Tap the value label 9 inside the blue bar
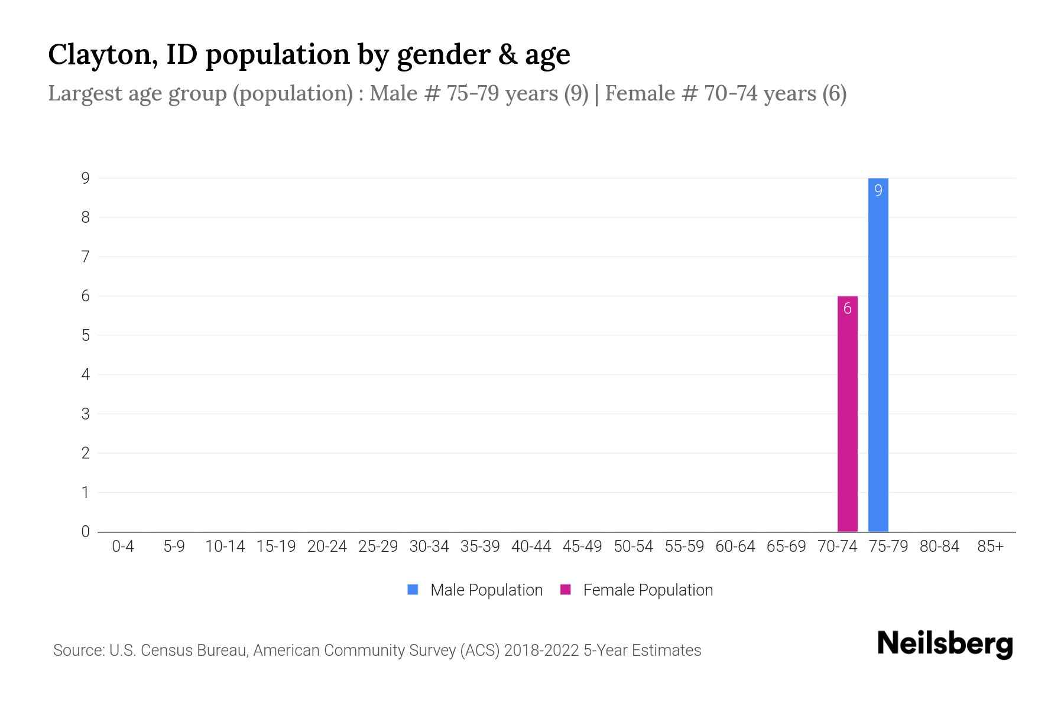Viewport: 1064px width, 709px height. pos(878,191)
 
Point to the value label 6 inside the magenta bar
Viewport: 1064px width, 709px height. pos(847,308)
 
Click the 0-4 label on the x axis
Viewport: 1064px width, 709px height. pos(123,547)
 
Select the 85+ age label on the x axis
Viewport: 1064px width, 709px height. pos(990,547)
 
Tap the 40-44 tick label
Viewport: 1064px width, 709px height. pos(531,547)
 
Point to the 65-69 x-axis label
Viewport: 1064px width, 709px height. pos(786,547)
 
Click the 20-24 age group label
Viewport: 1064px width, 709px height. pos(327,547)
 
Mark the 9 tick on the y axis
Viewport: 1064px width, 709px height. pos(86,178)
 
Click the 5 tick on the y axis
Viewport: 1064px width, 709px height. pos(86,335)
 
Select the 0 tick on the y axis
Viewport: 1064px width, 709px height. pos(86,531)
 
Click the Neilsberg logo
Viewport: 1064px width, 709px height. pos(945,644)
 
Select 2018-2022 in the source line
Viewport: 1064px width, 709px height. pos(541,651)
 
